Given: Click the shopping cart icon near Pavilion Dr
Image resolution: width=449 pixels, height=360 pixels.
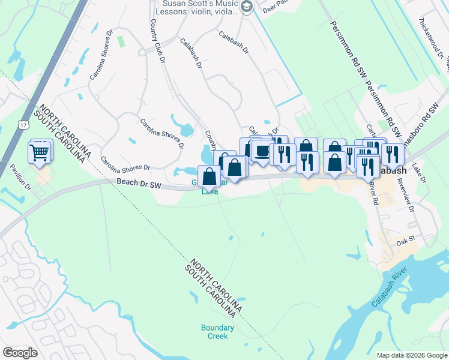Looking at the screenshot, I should click(x=40, y=152).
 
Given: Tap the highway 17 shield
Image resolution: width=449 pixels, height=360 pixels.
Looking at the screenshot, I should click(x=23, y=125).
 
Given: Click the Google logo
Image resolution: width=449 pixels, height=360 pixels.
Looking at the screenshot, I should click(x=20, y=353).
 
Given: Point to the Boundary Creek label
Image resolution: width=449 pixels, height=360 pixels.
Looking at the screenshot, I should click(x=214, y=332).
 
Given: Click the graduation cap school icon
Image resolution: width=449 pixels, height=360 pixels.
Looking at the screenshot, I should click(x=246, y=7).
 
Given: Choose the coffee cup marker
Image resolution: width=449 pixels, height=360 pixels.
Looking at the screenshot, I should click(x=262, y=151).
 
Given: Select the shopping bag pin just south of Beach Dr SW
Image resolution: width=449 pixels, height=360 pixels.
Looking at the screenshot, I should click(x=209, y=177).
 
